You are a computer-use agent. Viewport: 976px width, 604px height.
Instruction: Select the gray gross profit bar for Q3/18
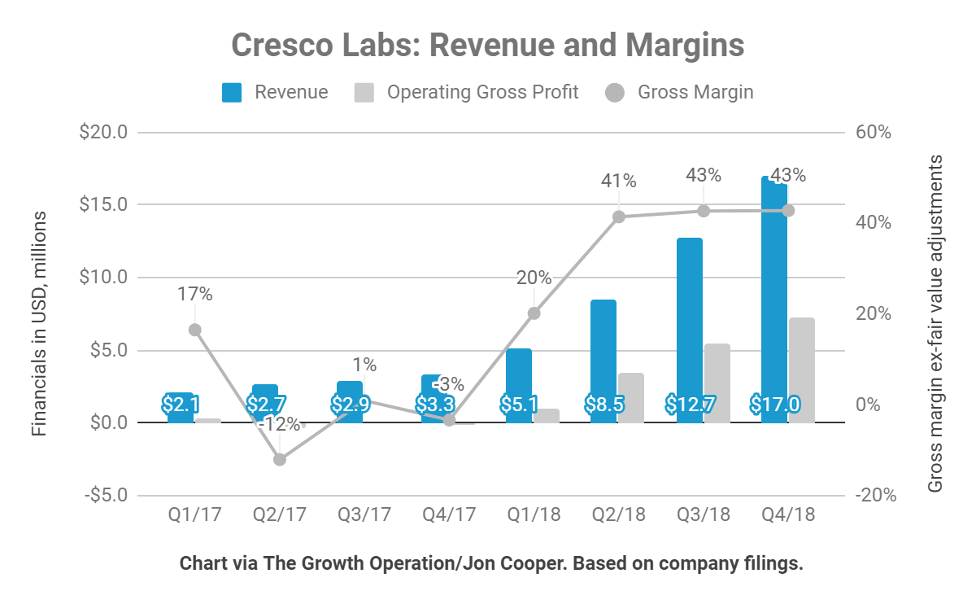717,383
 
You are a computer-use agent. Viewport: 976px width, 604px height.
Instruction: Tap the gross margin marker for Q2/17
280,460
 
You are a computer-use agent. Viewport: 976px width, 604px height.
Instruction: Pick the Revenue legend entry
276,92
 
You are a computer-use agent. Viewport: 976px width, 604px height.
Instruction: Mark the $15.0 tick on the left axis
104,204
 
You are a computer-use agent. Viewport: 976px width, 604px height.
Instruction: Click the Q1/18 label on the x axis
534,515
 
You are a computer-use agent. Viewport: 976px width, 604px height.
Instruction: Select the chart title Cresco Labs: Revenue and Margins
488,45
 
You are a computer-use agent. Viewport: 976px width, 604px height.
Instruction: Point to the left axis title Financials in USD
39,323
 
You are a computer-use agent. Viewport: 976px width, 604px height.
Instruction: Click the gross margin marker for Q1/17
194,330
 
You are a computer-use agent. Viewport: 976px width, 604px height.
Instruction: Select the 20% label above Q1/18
534,278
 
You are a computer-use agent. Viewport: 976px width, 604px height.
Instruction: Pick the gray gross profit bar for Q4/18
801,370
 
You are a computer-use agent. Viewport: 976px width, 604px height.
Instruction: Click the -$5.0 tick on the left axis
104,496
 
